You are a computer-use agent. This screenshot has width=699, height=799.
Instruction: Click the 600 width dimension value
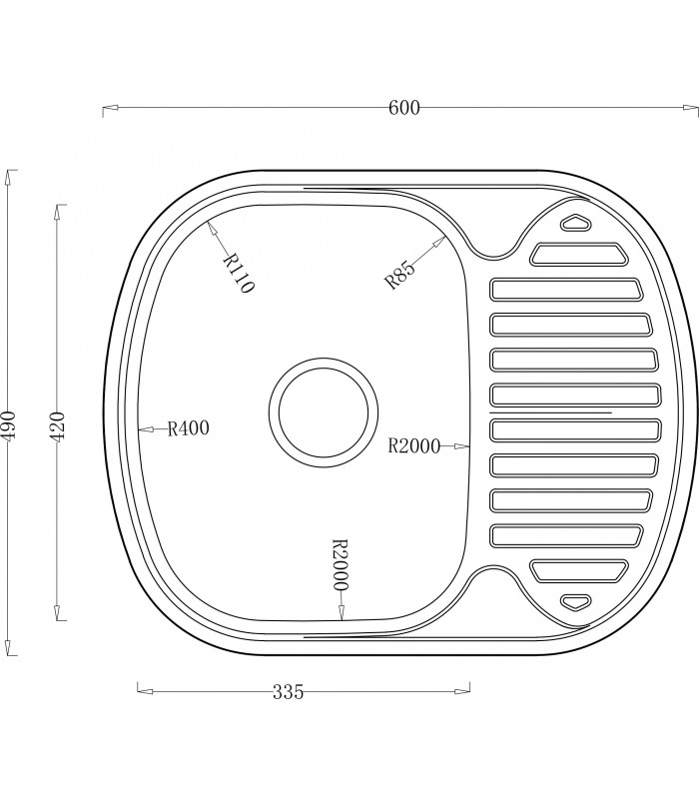tap(403, 108)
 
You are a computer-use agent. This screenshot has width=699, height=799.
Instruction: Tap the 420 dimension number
tap(58, 426)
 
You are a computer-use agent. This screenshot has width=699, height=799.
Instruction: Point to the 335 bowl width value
tap(287, 690)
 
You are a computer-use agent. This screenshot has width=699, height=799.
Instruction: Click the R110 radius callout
tap(239, 272)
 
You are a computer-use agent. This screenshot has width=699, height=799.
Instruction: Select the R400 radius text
tap(188, 428)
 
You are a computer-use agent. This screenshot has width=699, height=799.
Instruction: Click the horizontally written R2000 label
tap(413, 447)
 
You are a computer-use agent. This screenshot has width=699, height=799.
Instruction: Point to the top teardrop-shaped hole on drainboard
tap(576, 223)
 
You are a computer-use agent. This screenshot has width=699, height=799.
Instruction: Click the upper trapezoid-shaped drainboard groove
tap(580, 256)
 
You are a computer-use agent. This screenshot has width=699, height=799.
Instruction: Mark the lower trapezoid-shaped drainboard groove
tap(579, 570)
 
